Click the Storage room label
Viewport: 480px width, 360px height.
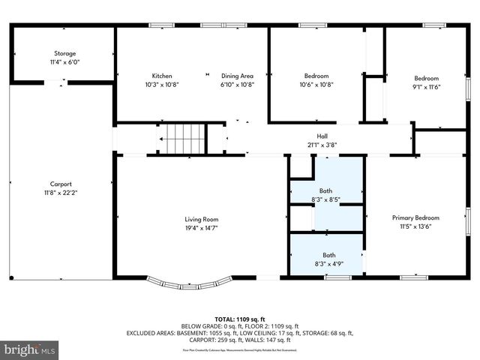coord(64,53)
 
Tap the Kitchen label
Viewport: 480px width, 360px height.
coord(162,76)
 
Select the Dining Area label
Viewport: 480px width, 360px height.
coord(237,76)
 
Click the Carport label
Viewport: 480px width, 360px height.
coord(61,184)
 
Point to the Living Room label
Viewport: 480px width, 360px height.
coord(202,219)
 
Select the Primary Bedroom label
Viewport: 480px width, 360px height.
coord(412,217)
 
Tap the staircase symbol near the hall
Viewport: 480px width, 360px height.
coord(184,139)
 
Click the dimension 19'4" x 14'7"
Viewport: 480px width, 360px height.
coord(202,228)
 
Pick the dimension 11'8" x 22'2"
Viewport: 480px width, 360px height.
coord(61,193)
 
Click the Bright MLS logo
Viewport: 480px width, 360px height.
coord(30,349)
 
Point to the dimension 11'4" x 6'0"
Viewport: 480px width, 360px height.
coord(64,62)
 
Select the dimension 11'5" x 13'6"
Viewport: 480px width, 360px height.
coord(412,226)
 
